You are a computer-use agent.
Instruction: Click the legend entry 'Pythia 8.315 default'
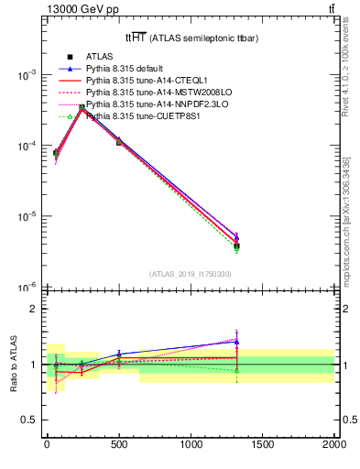point(123,69)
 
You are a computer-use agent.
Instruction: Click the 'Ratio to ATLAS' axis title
point(12,364)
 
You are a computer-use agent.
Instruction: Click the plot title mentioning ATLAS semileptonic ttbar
point(183,38)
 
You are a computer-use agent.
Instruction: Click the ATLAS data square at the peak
point(82,108)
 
